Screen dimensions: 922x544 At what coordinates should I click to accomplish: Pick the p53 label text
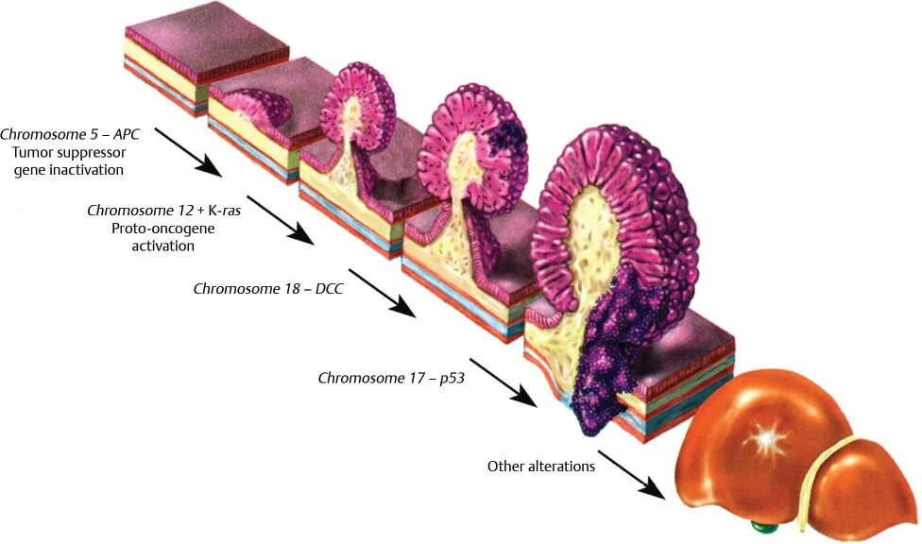(x=444, y=378)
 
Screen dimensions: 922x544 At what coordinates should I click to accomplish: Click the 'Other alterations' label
(x=540, y=466)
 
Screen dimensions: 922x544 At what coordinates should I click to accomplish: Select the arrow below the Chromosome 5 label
(x=188, y=151)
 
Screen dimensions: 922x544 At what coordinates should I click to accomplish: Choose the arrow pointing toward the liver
(x=630, y=474)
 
